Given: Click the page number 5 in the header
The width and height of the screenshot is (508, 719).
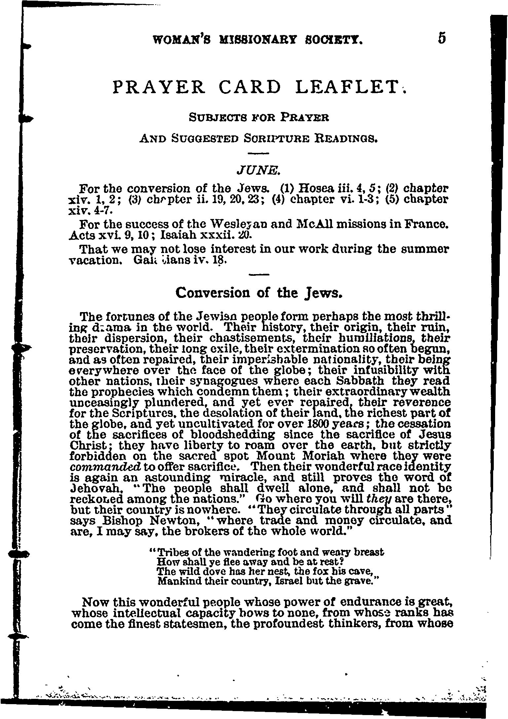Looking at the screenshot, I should click(442, 39).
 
